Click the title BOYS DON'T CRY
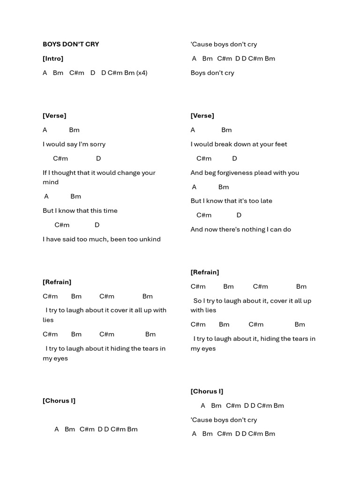[x=71, y=44]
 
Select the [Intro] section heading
[x=53, y=59]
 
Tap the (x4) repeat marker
[x=142, y=73]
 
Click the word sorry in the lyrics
[x=97, y=144]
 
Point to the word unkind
[x=150, y=239]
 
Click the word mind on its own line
[x=51, y=182]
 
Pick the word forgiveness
[x=228, y=172]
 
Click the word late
[x=266, y=201]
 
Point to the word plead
[x=262, y=172]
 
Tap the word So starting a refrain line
[x=197, y=300]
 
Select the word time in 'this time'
[x=110, y=210]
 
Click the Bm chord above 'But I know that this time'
[x=75, y=196]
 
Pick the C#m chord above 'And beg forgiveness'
[x=204, y=158]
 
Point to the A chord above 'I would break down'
[x=193, y=130]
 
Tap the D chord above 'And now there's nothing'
[x=239, y=215]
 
